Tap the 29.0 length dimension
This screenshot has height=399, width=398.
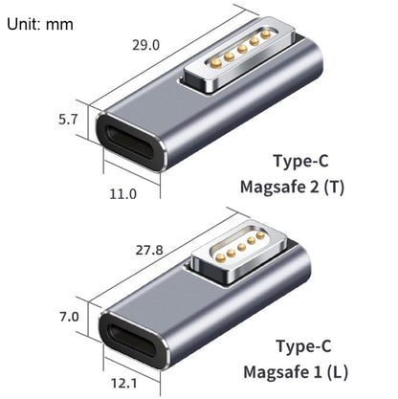144,43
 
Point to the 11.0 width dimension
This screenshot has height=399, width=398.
122,193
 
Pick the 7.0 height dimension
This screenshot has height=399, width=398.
71,317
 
